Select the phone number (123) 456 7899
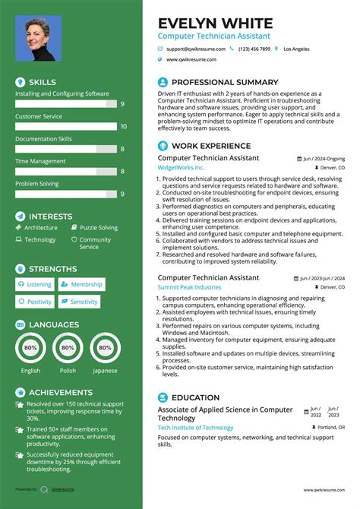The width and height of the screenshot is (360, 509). coord(254,49)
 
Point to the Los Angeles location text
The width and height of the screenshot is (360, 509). coord(296,49)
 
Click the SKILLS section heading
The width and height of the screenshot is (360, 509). coord(42,81)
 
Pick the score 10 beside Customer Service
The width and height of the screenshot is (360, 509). coord(123,127)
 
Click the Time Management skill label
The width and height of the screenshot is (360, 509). coord(40,161)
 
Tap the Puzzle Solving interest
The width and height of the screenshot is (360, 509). coord(99,227)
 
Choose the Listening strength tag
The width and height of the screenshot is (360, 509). coord(35,285)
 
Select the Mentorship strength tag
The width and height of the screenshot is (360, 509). coord(82,285)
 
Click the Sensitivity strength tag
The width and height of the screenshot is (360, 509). coord(80,302)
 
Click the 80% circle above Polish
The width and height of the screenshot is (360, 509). coord(68,348)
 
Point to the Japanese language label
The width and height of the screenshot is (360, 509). coord(105,371)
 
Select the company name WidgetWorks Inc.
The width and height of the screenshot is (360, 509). coord(181,167)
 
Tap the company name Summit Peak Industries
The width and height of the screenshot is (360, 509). coord(190,287)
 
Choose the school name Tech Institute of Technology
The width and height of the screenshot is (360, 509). coord(195,428)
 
